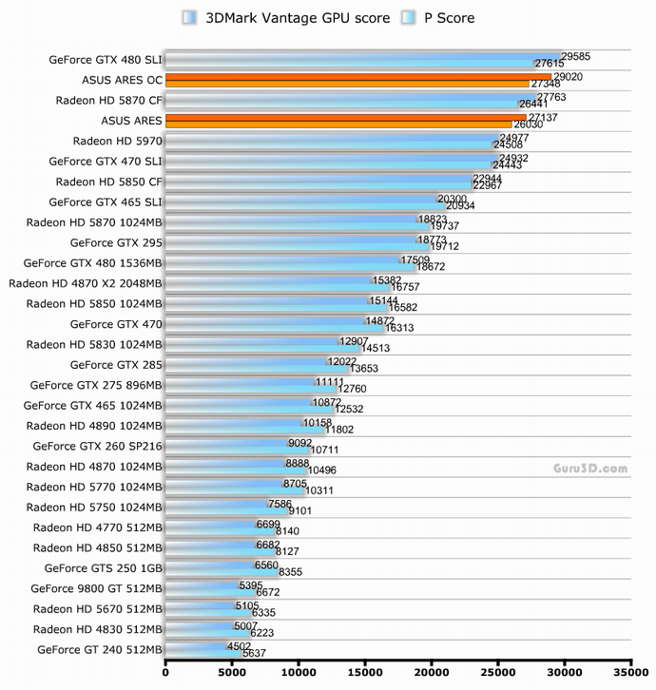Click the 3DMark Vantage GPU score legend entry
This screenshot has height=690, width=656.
[285, 18]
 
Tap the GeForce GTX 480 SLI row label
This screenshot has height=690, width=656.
[106, 60]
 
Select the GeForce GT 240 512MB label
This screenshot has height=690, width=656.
[100, 650]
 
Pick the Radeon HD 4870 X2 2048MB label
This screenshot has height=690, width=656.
[86, 283]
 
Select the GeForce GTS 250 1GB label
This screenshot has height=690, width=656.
[104, 568]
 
